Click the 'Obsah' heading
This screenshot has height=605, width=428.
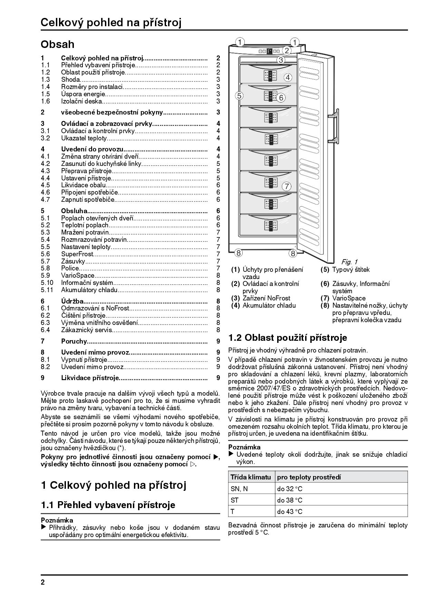coord(57,44)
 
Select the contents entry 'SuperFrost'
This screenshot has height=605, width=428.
coord(77,254)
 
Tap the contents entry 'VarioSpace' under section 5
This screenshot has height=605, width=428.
coord(78,275)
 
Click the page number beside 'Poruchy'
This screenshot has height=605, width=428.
coord(218,341)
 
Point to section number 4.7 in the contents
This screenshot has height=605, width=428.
coord(45,199)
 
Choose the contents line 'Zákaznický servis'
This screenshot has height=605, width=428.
coord(87,330)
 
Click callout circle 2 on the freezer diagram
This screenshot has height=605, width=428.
coord(286,50)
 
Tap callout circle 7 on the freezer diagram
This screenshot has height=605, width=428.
coord(286,187)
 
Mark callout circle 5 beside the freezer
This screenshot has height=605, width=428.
coord(240,96)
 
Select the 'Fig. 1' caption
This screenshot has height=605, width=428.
coord(349,262)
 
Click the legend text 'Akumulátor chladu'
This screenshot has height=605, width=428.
coord(269,305)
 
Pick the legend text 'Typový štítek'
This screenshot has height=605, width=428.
coord(351,269)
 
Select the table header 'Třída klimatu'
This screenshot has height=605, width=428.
coord(251,477)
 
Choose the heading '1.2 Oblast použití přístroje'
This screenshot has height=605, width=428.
coord(288,337)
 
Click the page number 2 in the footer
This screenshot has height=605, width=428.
coord(43,583)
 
